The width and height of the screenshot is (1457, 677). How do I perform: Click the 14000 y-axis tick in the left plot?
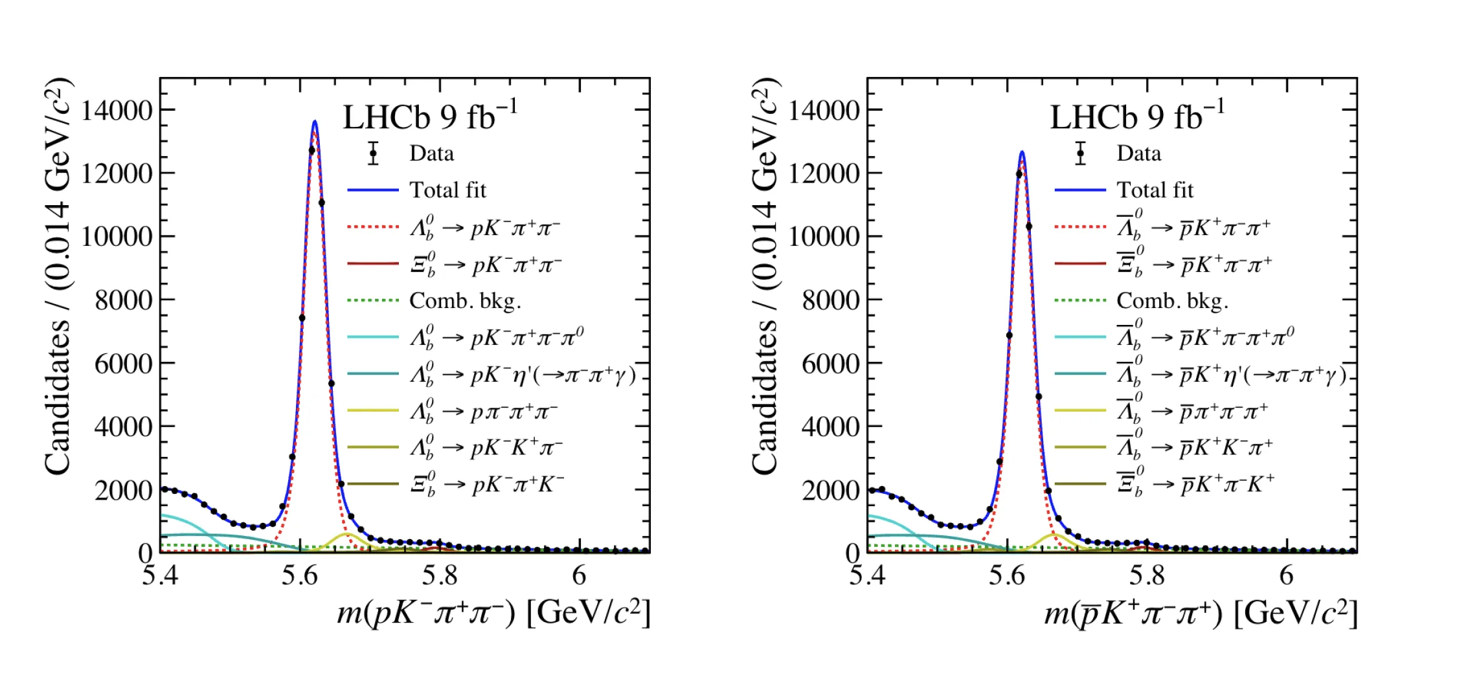pyautogui.click(x=117, y=111)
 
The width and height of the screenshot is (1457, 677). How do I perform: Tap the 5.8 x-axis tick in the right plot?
pyautogui.click(x=1147, y=575)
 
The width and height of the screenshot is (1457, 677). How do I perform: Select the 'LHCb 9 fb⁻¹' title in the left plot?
pyautogui.click(x=430, y=117)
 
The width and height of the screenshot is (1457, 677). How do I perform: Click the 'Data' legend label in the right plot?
pyautogui.click(x=1138, y=153)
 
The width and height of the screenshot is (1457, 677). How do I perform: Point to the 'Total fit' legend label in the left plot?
pyautogui.click(x=447, y=190)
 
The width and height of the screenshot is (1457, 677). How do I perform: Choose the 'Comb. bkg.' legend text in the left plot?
pyautogui.click(x=465, y=300)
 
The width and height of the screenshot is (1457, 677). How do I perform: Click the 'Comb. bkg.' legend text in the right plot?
pyautogui.click(x=1172, y=300)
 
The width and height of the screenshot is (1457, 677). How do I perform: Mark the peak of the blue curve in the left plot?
pyautogui.click(x=315, y=121)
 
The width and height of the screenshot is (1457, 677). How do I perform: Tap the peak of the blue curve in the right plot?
pyautogui.click(x=1022, y=152)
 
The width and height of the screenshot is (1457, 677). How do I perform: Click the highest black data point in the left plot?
pyautogui.click(x=311, y=150)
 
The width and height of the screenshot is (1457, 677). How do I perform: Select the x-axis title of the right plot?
pyautogui.click(x=1201, y=612)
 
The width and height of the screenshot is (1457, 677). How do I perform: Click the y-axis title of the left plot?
pyautogui.click(x=58, y=277)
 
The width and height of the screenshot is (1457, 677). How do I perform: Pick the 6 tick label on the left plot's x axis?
pyautogui.click(x=579, y=575)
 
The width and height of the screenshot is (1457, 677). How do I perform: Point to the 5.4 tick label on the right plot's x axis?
pyautogui.click(x=867, y=575)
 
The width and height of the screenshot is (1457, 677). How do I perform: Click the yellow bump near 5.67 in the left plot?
pyautogui.click(x=346, y=534)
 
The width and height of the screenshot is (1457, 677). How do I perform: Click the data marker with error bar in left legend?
pyautogui.click(x=373, y=153)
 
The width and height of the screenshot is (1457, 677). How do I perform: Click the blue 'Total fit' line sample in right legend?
pyautogui.click(x=1080, y=190)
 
